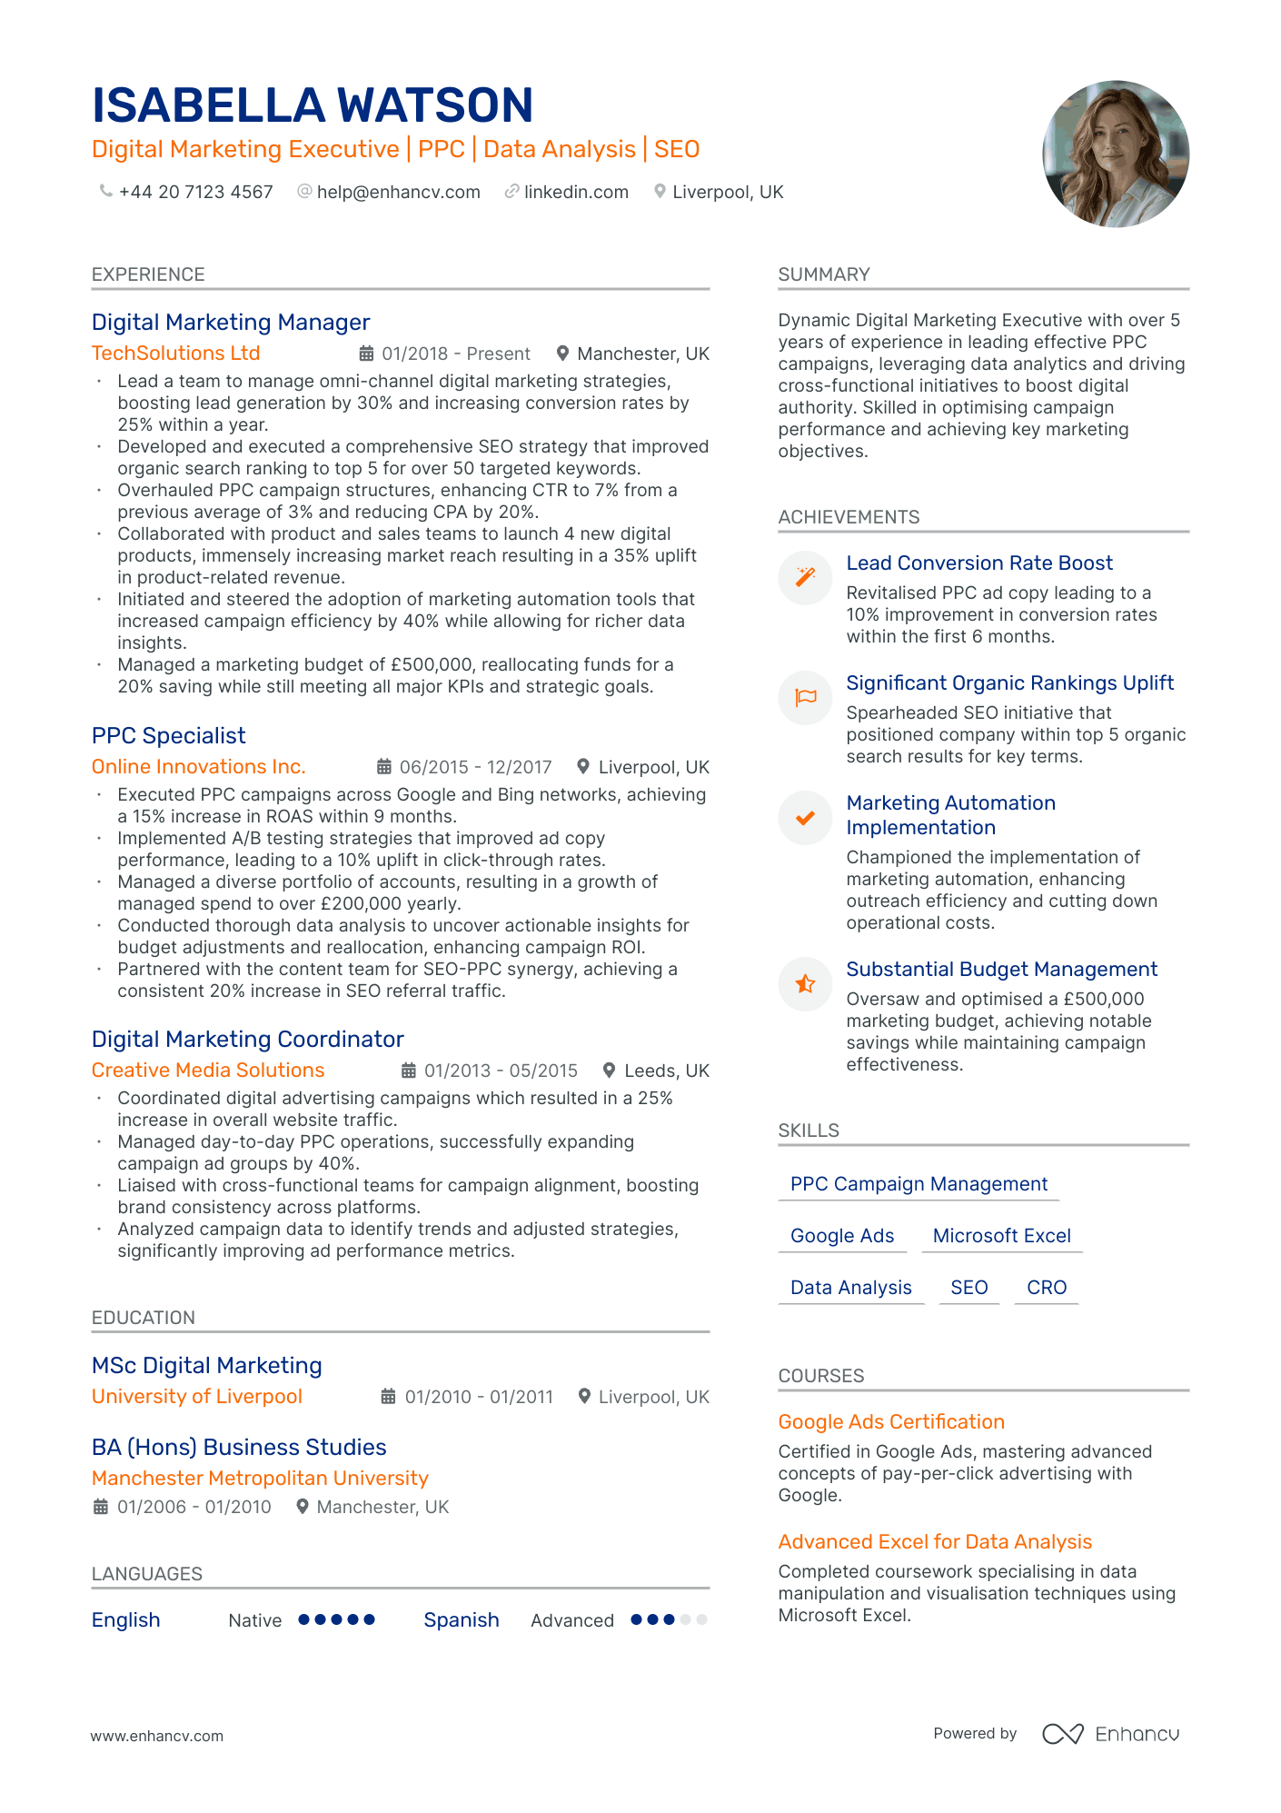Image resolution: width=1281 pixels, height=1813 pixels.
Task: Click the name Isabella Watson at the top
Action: tap(313, 105)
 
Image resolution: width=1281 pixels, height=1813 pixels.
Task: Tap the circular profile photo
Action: tap(1115, 154)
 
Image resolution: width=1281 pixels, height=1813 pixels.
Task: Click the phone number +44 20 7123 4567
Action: tap(195, 192)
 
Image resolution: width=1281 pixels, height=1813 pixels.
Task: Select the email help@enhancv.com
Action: tap(398, 192)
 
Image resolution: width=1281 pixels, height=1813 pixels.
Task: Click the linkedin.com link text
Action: tap(576, 192)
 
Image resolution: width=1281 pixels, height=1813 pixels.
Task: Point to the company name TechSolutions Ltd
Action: tap(175, 354)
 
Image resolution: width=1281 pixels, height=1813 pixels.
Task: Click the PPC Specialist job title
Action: tap(168, 736)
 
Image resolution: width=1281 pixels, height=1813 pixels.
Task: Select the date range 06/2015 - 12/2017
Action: tap(475, 767)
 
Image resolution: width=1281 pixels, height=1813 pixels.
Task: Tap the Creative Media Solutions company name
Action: tap(207, 1071)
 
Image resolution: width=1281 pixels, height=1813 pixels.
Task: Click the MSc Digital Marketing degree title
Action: tap(206, 1366)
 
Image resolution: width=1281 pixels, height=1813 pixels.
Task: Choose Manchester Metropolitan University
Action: tap(260, 1479)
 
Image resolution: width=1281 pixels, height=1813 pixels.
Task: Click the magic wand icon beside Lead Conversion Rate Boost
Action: tap(805, 577)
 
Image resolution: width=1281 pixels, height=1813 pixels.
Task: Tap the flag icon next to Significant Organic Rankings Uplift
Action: tap(805, 697)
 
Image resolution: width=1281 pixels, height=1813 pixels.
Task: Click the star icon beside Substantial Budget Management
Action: tap(805, 983)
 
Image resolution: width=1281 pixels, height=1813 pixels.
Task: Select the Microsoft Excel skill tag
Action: tap(1001, 1236)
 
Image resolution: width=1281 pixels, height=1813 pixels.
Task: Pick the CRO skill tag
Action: tap(1047, 1288)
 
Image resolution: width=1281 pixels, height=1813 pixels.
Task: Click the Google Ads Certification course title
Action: tap(891, 1422)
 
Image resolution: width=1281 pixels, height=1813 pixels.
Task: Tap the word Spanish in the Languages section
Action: tap(462, 1620)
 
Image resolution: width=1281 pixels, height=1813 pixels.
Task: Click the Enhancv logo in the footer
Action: tap(1110, 1734)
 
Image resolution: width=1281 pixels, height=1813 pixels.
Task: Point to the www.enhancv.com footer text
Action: tap(156, 1736)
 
